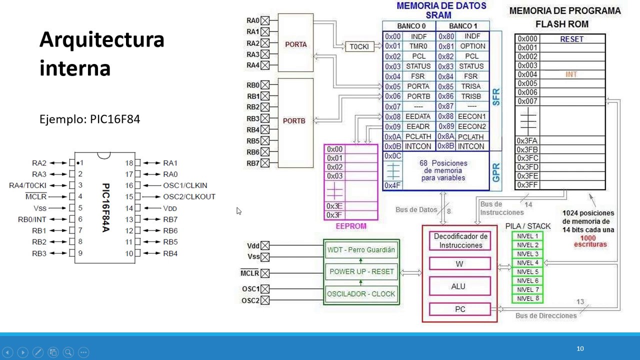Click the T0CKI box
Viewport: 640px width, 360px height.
coord(359,46)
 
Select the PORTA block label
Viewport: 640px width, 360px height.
coord(295,44)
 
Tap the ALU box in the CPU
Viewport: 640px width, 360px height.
coord(459,286)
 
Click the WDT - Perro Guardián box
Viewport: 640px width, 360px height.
coord(361,249)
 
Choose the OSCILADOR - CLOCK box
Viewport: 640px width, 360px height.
coord(361,294)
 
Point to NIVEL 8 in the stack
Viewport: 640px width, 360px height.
coord(527,298)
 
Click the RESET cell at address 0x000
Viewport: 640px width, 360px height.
coord(571,39)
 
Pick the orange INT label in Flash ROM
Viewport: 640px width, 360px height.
coord(571,74)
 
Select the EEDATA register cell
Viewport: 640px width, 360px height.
coord(418,116)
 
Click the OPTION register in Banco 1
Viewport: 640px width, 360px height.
coord(472,46)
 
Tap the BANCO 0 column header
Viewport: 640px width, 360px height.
coord(411,26)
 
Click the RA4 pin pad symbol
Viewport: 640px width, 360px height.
coord(265,65)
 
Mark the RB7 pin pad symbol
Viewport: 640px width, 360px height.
coord(265,163)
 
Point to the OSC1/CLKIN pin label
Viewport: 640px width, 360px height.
coord(185,185)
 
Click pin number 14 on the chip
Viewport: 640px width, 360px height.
coord(129,208)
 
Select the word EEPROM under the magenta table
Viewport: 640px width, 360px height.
coord(351,226)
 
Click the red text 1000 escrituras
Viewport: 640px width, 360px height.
coord(590,241)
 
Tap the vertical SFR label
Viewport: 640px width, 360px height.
coord(496,97)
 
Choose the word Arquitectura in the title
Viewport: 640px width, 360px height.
coord(102,39)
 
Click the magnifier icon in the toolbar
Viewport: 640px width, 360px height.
coord(68,352)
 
